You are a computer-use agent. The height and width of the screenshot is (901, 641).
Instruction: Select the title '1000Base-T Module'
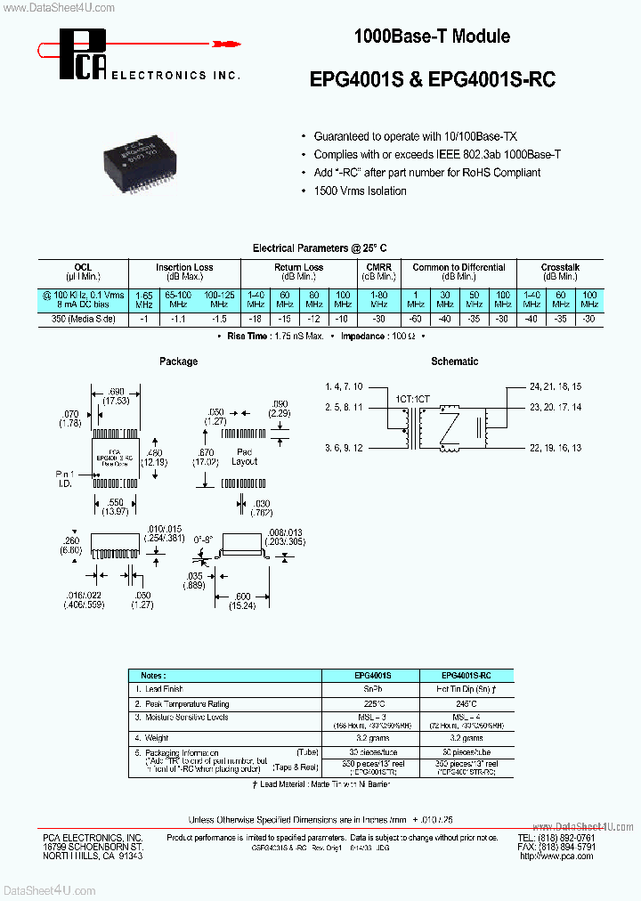click(x=432, y=37)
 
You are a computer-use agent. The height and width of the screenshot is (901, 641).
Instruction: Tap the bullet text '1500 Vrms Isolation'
click(x=360, y=191)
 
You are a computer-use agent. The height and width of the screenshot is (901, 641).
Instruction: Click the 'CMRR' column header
click(x=378, y=267)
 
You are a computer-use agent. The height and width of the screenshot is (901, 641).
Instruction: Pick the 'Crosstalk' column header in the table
click(x=560, y=267)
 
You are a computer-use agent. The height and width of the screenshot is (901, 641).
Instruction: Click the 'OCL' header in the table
click(x=83, y=267)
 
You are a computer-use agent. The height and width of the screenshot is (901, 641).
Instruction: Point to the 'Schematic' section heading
click(x=454, y=361)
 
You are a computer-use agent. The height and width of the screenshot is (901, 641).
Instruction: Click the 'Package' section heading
click(x=178, y=361)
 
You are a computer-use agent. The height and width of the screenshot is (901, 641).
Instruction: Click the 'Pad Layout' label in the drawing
click(x=244, y=456)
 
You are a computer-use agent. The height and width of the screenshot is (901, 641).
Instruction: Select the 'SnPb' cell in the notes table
click(x=369, y=689)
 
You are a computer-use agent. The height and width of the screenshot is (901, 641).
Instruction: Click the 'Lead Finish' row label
click(x=165, y=689)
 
